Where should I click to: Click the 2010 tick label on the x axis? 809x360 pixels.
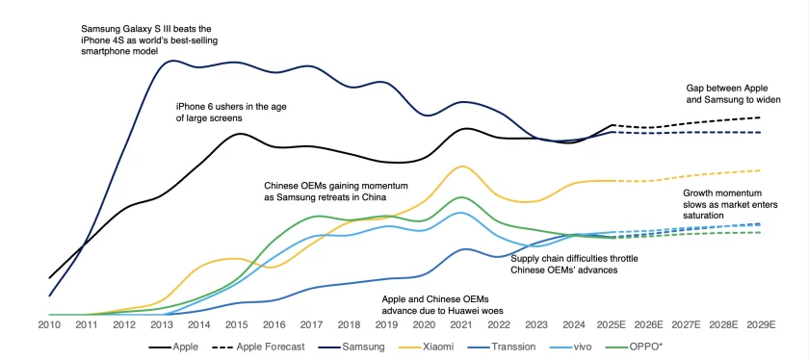49,326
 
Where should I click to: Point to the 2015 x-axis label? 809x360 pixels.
237,326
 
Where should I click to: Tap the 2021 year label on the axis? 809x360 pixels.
463,326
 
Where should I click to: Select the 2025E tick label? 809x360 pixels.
613,326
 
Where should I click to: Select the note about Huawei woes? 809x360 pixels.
443,305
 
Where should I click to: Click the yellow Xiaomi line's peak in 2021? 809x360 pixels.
463,166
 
